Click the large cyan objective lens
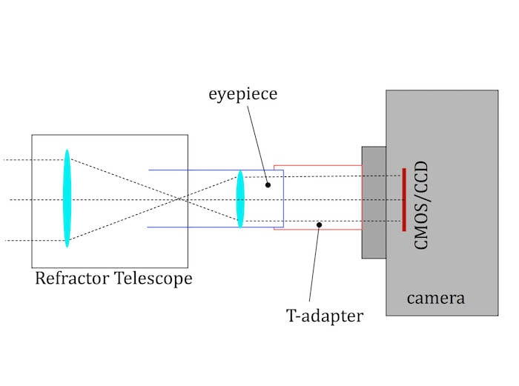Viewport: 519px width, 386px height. [67, 199]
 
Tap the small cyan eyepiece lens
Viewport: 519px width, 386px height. [240, 199]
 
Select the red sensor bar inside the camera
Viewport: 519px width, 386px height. [403, 199]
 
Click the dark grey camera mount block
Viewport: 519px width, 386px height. [373, 202]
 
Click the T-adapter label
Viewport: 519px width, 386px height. [325, 316]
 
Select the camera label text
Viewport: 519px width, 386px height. [435, 299]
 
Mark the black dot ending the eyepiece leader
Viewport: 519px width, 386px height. [268, 184]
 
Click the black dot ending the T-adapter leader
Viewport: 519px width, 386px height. [319, 224]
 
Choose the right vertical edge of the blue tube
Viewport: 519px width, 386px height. [283, 199]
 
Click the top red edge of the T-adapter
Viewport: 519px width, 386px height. [317, 165]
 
